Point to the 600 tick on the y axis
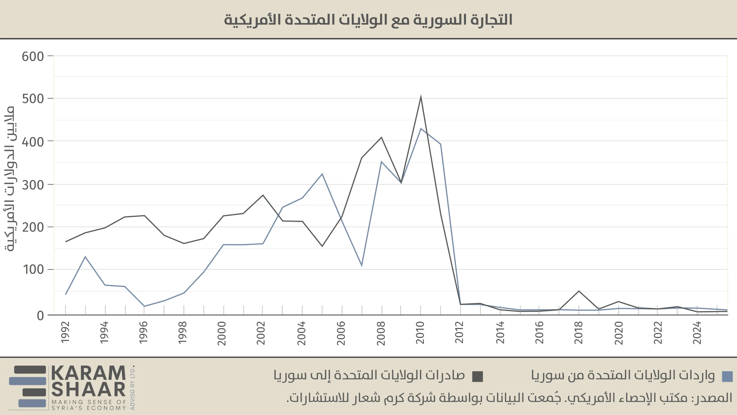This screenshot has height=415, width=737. (33, 56)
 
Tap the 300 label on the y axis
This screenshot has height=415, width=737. (33, 185)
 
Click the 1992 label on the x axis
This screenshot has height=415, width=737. (66, 332)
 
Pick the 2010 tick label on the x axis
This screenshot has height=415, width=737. (420, 333)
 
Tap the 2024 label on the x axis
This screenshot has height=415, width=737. (697, 333)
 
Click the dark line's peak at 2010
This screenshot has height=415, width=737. (421, 97)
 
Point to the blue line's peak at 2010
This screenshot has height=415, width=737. (421, 129)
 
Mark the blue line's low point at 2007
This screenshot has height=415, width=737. (362, 265)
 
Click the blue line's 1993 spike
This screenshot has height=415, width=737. (85, 256)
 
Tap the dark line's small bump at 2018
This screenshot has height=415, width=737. (579, 291)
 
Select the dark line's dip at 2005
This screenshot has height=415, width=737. (322, 246)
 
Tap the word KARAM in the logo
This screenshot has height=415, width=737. (88, 373)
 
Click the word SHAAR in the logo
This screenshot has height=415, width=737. (88, 390)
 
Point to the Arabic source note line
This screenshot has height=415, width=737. (509, 398)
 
